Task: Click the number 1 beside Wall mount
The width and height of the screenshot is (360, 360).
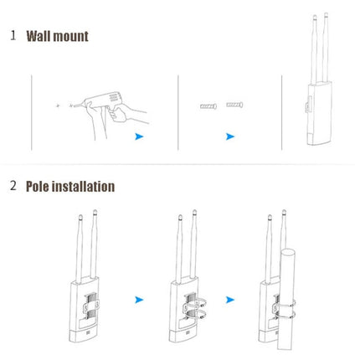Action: click(x=13, y=36)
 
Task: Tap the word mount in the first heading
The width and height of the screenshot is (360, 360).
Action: click(x=72, y=36)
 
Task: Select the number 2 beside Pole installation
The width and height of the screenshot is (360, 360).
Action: click(x=13, y=186)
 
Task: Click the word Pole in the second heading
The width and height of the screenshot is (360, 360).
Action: click(x=41, y=186)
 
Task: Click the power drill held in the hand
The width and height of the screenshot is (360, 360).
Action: click(x=105, y=105)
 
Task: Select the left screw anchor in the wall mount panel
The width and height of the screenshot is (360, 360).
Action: click(x=208, y=105)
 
